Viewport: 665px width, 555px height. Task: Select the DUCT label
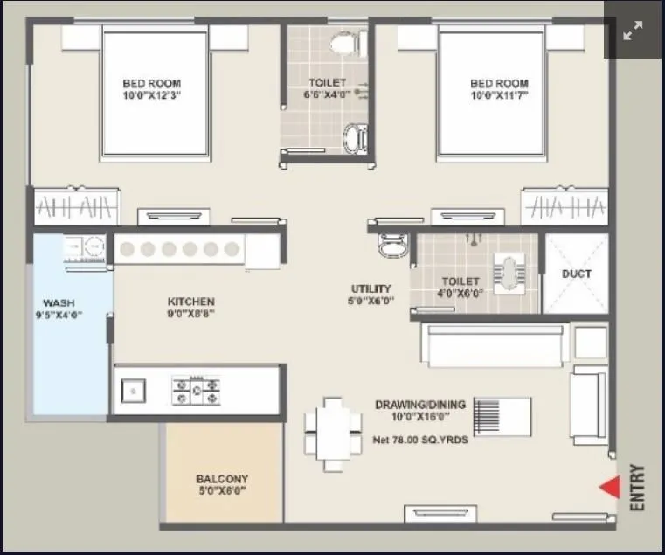(576, 274)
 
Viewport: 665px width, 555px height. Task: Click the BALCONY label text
(222, 479)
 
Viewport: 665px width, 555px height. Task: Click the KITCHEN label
(191, 302)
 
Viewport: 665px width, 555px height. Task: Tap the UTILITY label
(371, 288)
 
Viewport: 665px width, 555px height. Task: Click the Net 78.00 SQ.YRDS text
(420, 440)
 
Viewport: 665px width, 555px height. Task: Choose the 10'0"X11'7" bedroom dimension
(499, 95)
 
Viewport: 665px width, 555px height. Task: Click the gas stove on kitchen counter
(196, 390)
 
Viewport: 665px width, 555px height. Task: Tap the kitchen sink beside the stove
(134, 391)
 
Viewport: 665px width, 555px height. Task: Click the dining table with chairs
(333, 434)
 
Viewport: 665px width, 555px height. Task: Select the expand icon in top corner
(633, 31)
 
